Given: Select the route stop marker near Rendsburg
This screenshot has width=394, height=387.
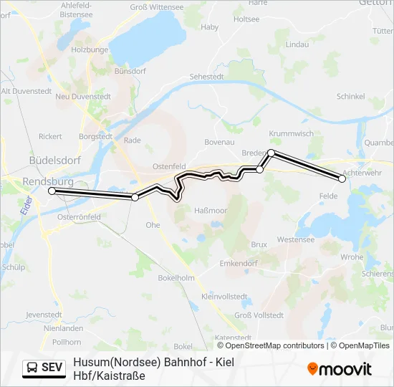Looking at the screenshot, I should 52,191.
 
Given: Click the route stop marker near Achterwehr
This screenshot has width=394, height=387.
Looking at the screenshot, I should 342,179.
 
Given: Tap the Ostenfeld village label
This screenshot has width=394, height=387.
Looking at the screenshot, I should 169,166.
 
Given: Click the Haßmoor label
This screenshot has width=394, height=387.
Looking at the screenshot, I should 211,210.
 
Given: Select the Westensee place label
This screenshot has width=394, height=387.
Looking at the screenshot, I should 294,239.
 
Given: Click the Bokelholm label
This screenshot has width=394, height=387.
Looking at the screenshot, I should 176,277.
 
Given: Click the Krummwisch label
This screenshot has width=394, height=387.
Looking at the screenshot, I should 291,133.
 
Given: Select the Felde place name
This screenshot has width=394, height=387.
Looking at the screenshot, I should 328,196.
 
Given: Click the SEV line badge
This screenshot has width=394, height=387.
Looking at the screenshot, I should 44,368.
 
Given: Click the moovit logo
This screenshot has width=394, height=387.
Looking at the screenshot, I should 339,369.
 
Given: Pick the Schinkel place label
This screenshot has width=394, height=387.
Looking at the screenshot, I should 350,96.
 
